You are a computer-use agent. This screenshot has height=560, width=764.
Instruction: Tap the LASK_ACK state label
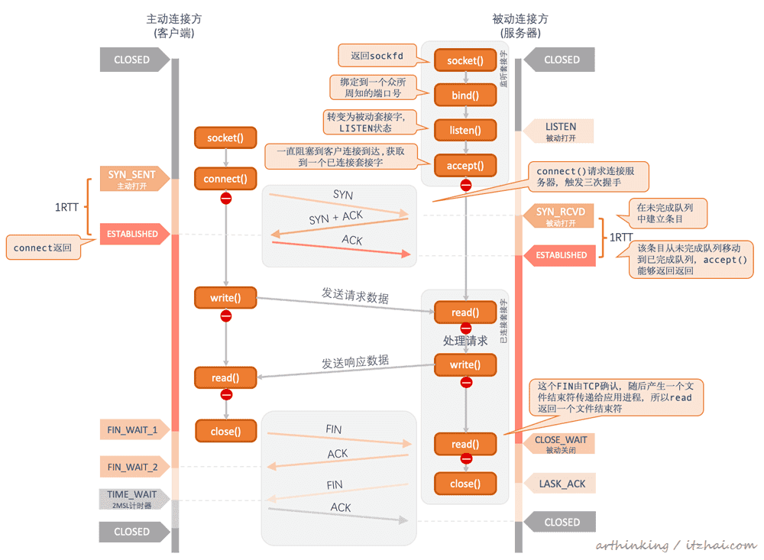point(560,484)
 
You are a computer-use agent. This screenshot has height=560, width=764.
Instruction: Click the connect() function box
point(225,179)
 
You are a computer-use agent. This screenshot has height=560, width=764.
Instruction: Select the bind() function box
point(465,95)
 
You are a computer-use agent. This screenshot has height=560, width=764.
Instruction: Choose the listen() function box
point(465,130)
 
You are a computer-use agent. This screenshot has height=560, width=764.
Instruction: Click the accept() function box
point(465,165)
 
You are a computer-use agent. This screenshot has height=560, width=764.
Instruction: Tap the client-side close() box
point(225,431)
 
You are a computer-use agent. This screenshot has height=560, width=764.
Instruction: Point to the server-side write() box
point(465,364)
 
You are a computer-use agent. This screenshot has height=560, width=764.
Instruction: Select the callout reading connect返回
point(43,248)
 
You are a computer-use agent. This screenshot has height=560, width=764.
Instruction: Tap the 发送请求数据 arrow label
point(355,296)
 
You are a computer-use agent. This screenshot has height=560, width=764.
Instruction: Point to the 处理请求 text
point(465,340)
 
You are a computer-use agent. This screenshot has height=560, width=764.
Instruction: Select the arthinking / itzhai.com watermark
point(676,545)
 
